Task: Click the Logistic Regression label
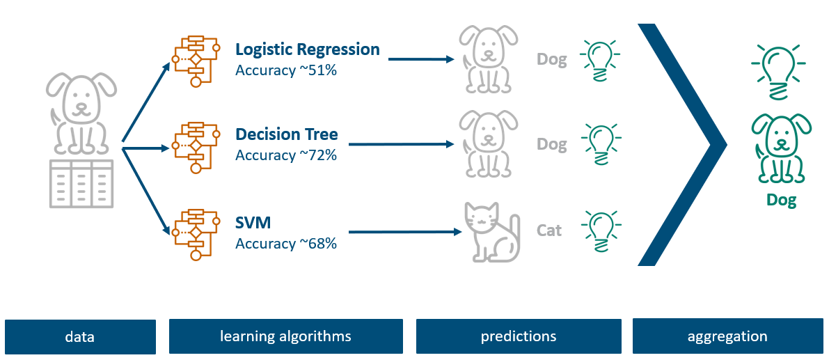[308, 49]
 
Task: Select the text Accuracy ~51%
[286, 70]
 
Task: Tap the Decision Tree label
[287, 135]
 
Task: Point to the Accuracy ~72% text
[286, 156]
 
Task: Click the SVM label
[253, 223]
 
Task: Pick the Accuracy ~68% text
[286, 244]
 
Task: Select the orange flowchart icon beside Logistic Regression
[196, 61]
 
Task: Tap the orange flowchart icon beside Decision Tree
[196, 148]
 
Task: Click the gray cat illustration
[490, 232]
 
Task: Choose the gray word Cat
[549, 230]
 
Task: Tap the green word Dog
[782, 201]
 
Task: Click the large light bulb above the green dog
[779, 67]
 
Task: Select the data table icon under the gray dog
[81, 183]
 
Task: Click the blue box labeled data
[80, 337]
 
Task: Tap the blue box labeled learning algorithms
[286, 336]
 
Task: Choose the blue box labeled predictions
[519, 336]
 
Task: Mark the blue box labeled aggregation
[727, 336]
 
